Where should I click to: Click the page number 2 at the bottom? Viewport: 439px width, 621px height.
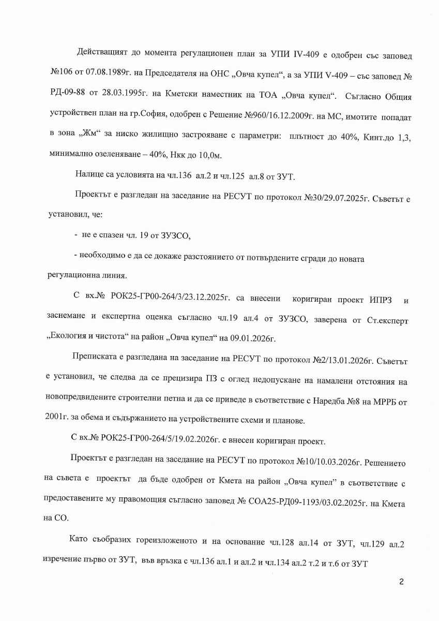(401, 582)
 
